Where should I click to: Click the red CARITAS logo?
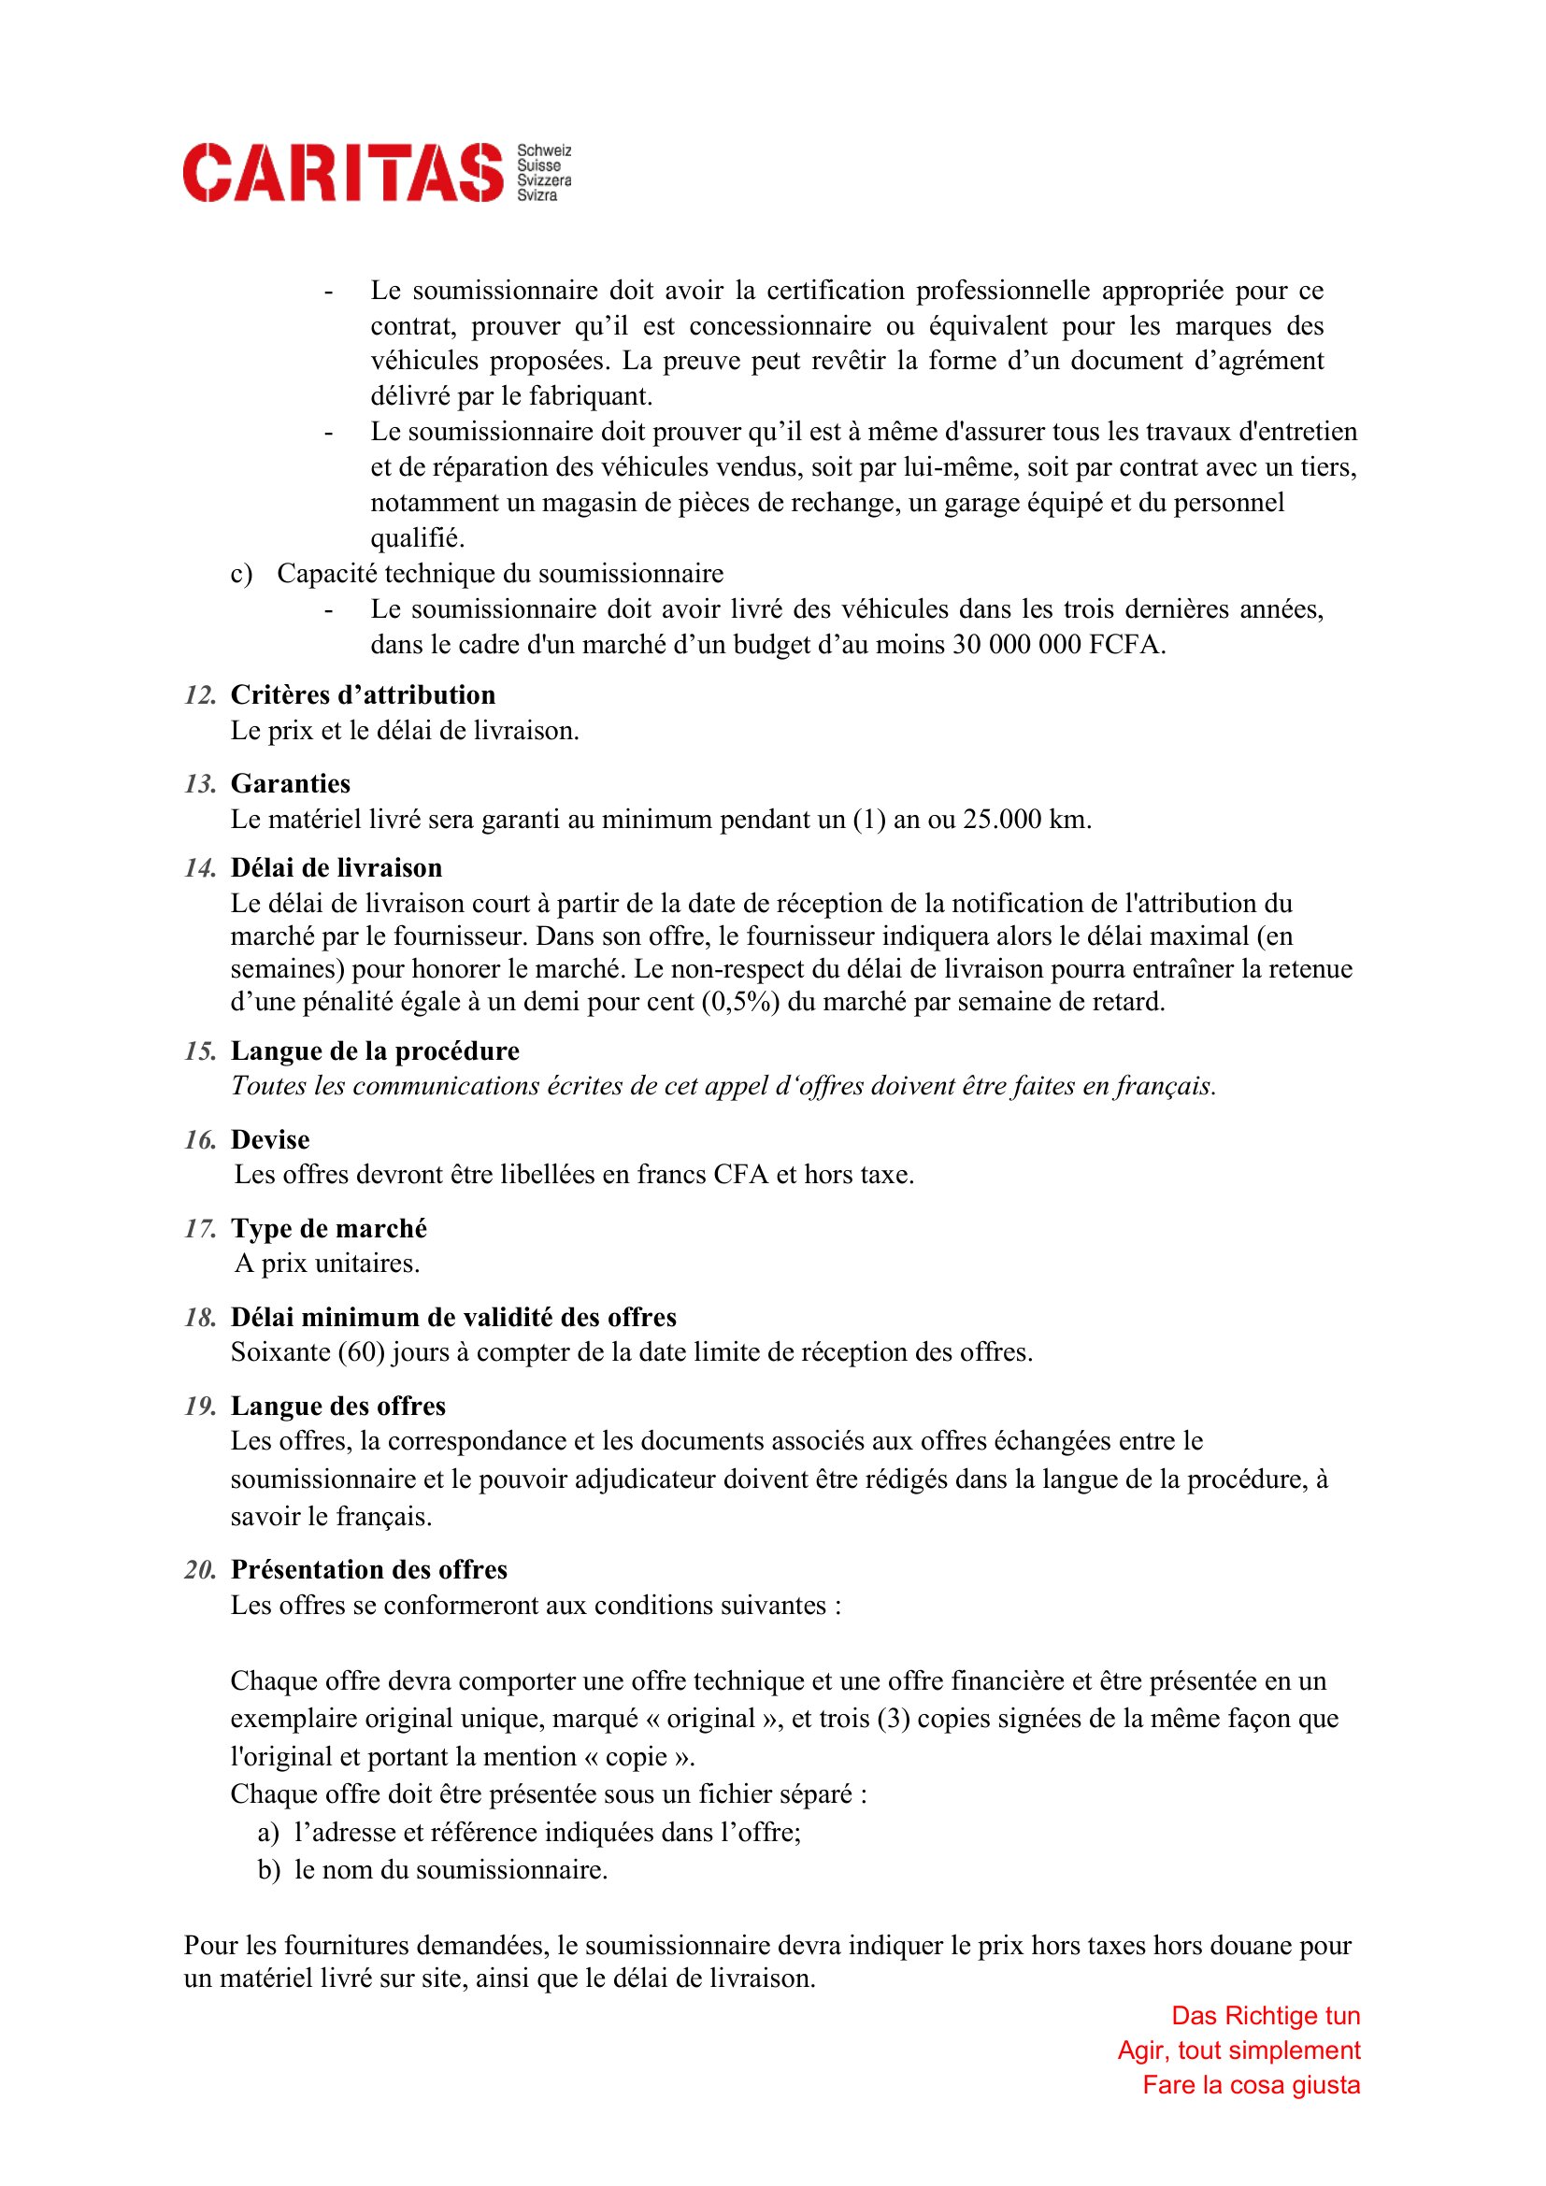[342, 172]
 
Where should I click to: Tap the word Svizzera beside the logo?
[544, 181]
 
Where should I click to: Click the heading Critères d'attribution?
[363, 695]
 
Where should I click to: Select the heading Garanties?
[291, 783]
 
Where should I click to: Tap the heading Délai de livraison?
[336, 868]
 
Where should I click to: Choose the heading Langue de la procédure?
[375, 1051]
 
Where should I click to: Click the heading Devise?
[270, 1139]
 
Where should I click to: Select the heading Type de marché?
[328, 1228]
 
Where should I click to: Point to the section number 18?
[200, 1318]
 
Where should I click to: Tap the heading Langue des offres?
[338, 1407]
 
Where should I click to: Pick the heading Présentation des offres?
[369, 1570]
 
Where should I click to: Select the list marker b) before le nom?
[268, 1869]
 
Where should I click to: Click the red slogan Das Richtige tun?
[1266, 2016]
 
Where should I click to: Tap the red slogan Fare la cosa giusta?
[1251, 2085]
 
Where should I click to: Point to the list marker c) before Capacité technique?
[241, 574]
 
